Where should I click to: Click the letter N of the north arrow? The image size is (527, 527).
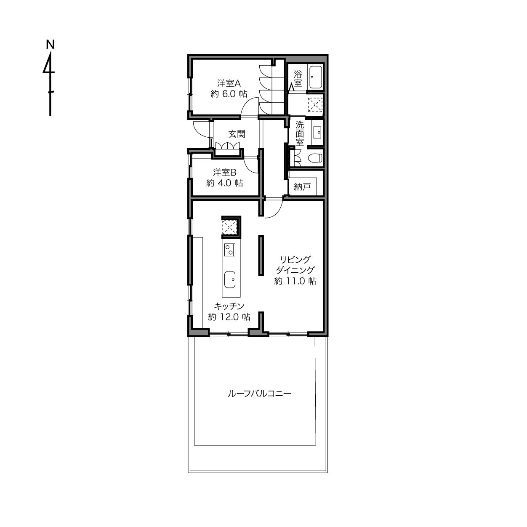tap(51, 45)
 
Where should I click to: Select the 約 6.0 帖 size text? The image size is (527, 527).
tap(229, 94)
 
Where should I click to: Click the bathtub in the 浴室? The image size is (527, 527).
tap(316, 77)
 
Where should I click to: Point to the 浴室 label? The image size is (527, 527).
tap(298, 78)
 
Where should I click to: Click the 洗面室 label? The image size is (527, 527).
tap(300, 133)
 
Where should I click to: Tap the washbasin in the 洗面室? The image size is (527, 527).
tap(317, 133)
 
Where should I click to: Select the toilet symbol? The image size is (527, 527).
tap(315, 158)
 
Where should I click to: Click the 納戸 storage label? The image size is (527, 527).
tap(302, 187)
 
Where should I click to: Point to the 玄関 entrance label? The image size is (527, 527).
tap(237, 134)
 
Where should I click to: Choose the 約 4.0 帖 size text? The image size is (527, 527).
tap(224, 183)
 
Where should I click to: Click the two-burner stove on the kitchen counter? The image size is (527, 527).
tap(230, 250)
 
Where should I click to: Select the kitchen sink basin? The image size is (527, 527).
tap(230, 279)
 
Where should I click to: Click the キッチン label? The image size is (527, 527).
tap(229, 306)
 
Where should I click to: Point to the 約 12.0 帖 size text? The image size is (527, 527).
tap(229, 317)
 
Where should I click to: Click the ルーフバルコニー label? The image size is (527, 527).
tap(259, 394)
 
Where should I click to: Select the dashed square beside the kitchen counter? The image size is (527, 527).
tap(229, 227)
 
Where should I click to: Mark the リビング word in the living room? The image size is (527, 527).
tap(295, 259)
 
